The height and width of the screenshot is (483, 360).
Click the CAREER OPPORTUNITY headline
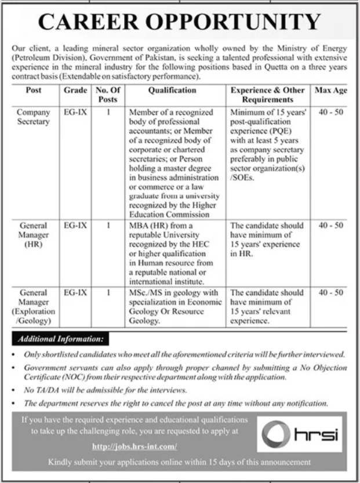[180, 21]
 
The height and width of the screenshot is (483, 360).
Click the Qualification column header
[172, 90]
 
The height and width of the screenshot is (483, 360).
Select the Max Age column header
[330, 90]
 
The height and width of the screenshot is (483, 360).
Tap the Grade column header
[76, 90]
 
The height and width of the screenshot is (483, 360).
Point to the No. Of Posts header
[108, 95]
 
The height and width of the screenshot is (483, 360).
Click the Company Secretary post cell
[34, 117]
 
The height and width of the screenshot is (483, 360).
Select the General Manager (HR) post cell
[34, 234]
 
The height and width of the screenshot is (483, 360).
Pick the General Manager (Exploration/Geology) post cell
[34, 306]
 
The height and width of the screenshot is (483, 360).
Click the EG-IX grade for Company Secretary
[76, 112]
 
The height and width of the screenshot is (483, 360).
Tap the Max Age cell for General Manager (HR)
[331, 225]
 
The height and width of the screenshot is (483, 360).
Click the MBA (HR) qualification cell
[172, 243]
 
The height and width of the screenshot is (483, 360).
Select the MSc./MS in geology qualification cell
[176, 306]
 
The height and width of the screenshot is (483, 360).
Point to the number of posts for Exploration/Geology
[108, 293]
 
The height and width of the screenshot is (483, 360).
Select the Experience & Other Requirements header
[267, 95]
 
